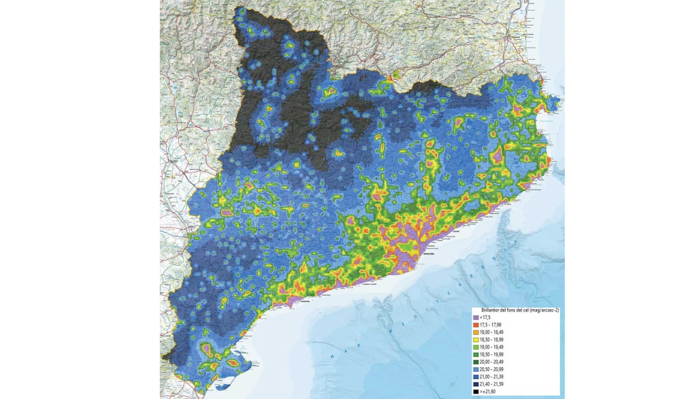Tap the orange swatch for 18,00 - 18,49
[476, 333]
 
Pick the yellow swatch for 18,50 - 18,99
[476, 340]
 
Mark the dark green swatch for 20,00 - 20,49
[476, 362]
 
